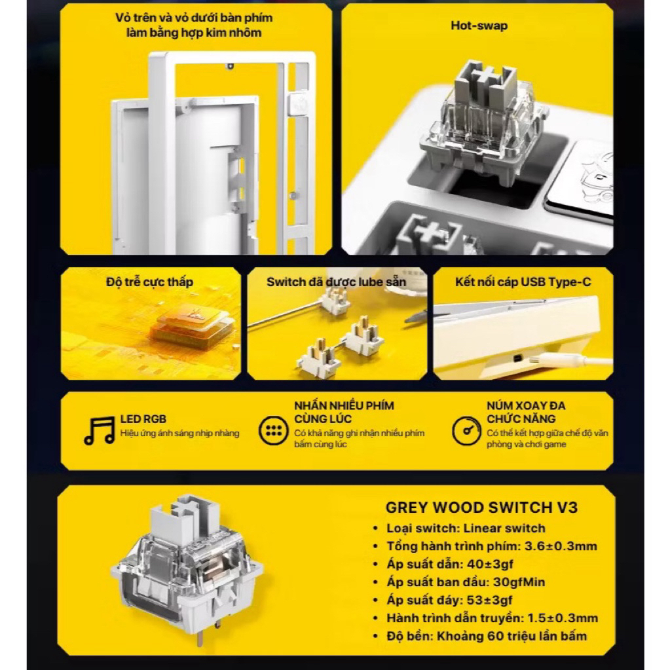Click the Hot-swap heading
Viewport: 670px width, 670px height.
tap(479, 26)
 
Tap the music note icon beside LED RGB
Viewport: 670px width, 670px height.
tap(99, 430)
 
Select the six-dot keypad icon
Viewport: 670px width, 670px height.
tap(274, 430)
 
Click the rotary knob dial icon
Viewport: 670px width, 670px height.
tap(466, 431)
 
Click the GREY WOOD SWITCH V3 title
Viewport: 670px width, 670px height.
tap(481, 508)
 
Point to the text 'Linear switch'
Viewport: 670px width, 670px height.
tap(504, 528)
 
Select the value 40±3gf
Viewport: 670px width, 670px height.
tap(490, 564)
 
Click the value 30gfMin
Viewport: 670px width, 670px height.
tap(519, 582)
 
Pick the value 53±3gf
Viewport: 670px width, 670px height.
tap(489, 600)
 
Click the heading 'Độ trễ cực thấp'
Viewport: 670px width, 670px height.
tap(149, 282)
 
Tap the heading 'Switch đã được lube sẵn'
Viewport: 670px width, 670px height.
tap(336, 282)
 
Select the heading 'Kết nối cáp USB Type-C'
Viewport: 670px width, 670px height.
tap(523, 282)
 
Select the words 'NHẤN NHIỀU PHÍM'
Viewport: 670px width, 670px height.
tap(344, 405)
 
